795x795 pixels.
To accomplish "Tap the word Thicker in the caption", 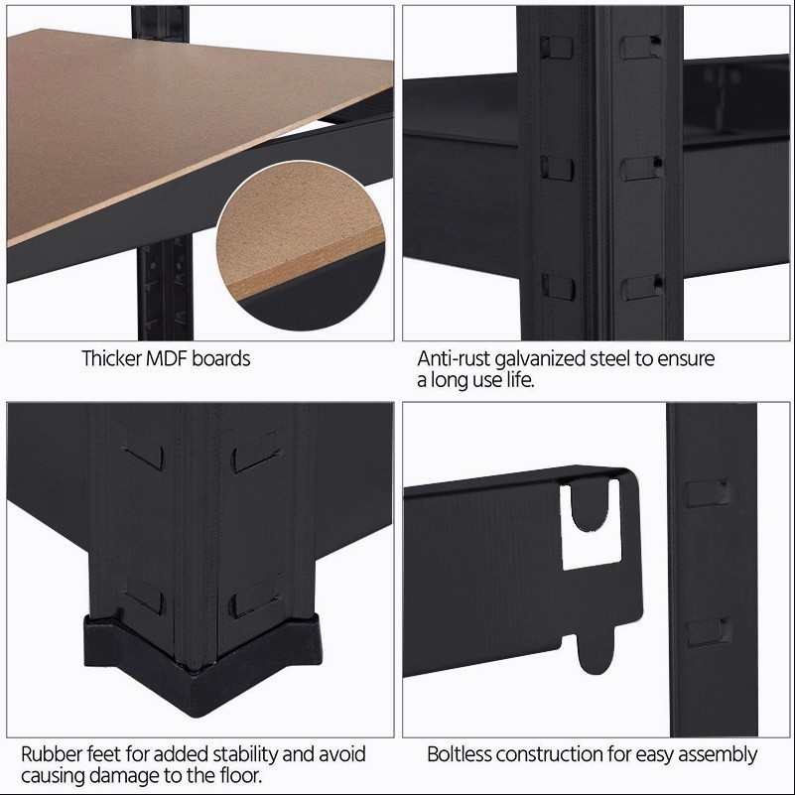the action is click(111, 359).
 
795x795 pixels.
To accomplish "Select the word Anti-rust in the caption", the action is click(454, 359).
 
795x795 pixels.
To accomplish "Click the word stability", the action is click(244, 755).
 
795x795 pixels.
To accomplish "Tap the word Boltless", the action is click(460, 754).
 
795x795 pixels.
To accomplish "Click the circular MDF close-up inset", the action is click(300, 245).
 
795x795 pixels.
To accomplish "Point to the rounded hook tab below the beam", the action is click(596, 650).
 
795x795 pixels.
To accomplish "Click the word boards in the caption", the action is click(221, 359).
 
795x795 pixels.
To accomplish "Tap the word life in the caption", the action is click(519, 380).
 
